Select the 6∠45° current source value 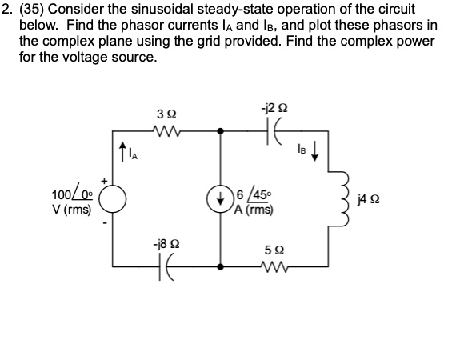pos(251,192)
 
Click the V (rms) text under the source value pos(70,210)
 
